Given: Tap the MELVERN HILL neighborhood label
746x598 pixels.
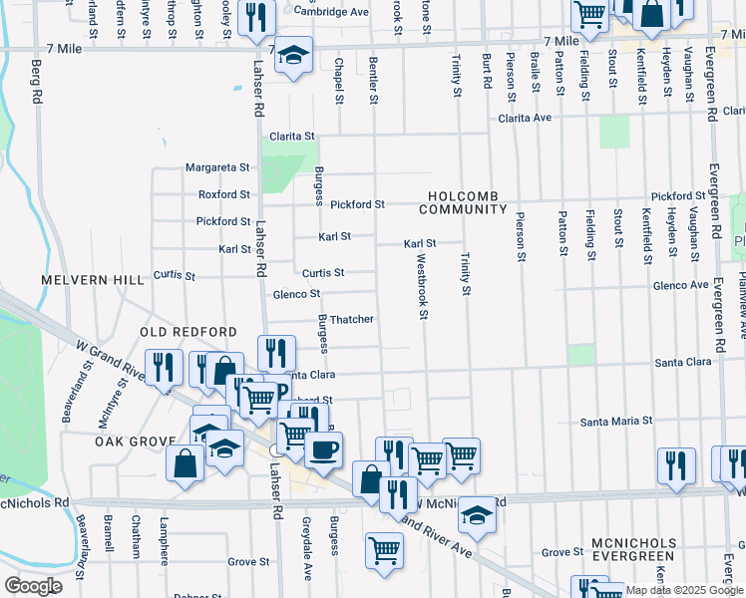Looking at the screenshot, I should (93, 281).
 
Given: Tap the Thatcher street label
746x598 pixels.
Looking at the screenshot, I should (352, 319).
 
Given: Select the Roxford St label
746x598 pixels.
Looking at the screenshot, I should (223, 194).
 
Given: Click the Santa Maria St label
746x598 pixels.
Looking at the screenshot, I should (617, 421).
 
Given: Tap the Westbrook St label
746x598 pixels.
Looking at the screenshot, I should (422, 286).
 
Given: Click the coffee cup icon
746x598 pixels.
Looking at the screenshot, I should (323, 450).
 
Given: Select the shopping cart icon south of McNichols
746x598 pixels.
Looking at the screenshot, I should (384, 549).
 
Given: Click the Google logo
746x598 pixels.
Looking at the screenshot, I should (33, 586).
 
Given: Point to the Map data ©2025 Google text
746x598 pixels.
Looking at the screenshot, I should (683, 590).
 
